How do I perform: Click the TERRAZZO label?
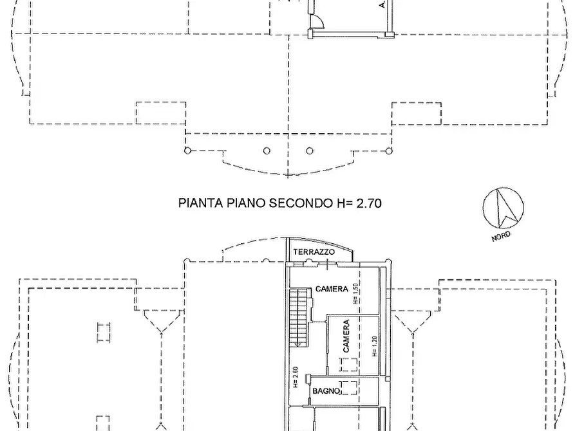pyautogui.click(x=314, y=252)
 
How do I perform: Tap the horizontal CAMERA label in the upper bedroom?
pyautogui.click(x=332, y=289)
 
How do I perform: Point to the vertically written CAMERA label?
pyautogui.click(x=346, y=336)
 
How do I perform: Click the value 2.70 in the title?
pyautogui.click(x=367, y=204)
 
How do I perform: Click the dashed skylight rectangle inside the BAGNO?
pyautogui.click(x=350, y=387)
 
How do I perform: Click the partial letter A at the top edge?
pyautogui.click(x=382, y=5)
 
